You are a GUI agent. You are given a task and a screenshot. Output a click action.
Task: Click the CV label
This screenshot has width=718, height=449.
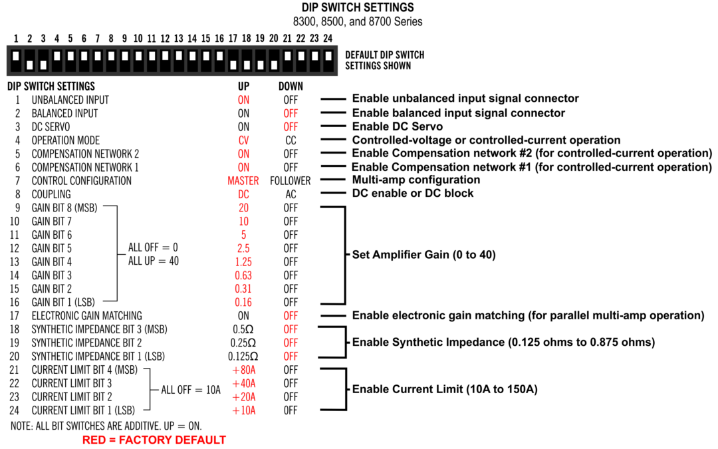click(x=243, y=140)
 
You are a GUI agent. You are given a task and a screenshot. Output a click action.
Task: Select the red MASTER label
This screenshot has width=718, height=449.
click(x=243, y=181)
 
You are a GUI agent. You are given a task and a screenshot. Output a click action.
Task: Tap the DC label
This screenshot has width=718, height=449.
click(x=243, y=194)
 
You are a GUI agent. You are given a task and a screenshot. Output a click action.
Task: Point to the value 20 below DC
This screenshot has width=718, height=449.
click(x=243, y=208)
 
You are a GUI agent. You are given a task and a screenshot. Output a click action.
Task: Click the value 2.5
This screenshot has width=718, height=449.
click(x=243, y=248)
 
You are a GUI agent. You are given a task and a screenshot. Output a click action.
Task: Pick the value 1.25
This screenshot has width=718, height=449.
click(x=243, y=262)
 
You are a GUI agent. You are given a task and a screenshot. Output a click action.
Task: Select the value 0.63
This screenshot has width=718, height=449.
click(x=243, y=275)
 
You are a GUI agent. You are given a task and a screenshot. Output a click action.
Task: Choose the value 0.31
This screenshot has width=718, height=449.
click(x=243, y=289)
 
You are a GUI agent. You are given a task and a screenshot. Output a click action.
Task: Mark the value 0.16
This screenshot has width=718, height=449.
click(x=243, y=302)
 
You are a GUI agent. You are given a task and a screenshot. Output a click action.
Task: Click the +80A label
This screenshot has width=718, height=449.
click(x=244, y=370)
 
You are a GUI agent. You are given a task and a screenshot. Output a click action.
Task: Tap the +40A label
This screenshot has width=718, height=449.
click(x=244, y=383)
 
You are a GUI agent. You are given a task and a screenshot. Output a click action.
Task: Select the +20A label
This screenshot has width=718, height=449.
click(x=244, y=397)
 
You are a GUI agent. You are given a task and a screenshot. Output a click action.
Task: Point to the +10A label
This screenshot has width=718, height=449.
click(x=244, y=410)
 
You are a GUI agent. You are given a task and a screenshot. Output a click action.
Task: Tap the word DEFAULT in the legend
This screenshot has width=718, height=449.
click(x=200, y=440)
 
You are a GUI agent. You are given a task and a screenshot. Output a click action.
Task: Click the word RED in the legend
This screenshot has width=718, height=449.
click(x=94, y=440)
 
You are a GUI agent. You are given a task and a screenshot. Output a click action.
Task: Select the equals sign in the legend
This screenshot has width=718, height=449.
click(x=112, y=440)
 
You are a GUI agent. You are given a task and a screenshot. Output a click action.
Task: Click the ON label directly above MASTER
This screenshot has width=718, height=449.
click(x=243, y=168)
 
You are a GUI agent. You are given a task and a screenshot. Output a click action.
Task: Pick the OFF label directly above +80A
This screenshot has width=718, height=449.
click(x=291, y=357)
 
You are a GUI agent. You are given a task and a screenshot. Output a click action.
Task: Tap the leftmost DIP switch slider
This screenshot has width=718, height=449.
click(x=16, y=57)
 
